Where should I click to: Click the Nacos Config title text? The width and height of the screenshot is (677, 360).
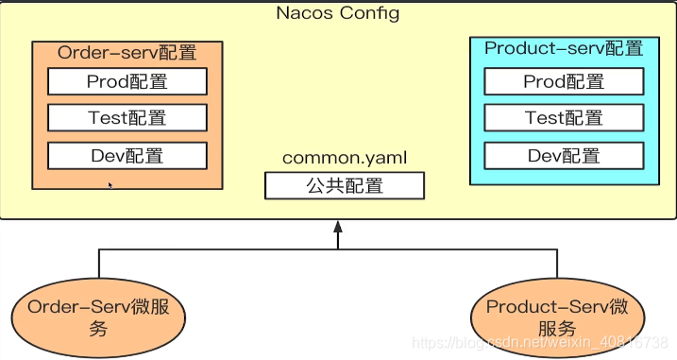pyautogui.click(x=337, y=13)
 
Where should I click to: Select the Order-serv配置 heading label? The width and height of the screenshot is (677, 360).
pyautogui.click(x=126, y=53)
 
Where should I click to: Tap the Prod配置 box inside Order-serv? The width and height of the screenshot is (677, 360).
pyautogui.click(x=127, y=82)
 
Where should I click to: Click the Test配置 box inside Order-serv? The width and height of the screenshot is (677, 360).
pyautogui.click(x=127, y=118)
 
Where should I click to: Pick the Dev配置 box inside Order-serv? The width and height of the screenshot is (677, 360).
pyautogui.click(x=127, y=155)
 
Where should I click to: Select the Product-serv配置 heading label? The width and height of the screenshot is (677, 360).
pyautogui.click(x=564, y=48)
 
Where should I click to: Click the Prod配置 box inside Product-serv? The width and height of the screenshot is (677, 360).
pyautogui.click(x=564, y=82)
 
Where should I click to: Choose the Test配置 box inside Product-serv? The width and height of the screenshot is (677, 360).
pyautogui.click(x=564, y=118)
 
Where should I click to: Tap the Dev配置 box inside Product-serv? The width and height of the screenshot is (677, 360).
pyautogui.click(x=564, y=155)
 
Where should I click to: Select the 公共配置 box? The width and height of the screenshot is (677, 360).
pyautogui.click(x=344, y=186)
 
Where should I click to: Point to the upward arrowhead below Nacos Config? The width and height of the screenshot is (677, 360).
pyautogui.click(x=337, y=227)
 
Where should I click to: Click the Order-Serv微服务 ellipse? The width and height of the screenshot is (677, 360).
pyautogui.click(x=98, y=317)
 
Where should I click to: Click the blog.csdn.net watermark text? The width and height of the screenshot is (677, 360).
pyautogui.click(x=542, y=341)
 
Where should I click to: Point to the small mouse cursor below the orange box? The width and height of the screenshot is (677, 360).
pyautogui.click(x=110, y=185)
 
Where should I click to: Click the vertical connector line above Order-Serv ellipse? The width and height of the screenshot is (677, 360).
pyautogui.click(x=99, y=264)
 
